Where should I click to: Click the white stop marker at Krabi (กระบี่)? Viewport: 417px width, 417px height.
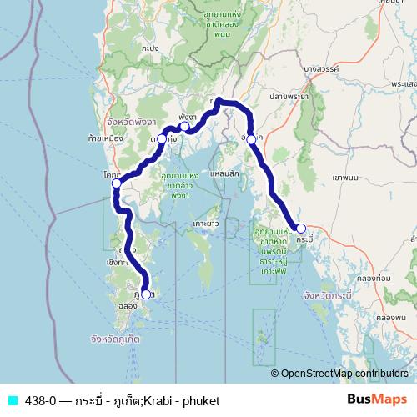pyautogui.click(x=301, y=229)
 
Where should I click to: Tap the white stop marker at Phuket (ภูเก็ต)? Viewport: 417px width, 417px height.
pyautogui.click(x=147, y=294)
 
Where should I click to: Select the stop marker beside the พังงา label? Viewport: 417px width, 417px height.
pyautogui.click(x=185, y=127)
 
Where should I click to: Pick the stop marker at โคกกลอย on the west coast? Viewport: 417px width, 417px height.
pyautogui.click(x=118, y=183)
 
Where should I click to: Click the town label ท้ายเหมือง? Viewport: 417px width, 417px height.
pyautogui.click(x=104, y=138)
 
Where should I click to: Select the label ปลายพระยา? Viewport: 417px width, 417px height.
pyautogui.click(x=289, y=97)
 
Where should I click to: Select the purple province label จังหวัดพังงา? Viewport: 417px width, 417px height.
pyautogui.click(x=122, y=121)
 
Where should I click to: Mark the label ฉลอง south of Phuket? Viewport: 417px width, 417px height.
pyautogui.click(x=128, y=306)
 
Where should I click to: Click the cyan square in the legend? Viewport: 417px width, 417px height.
pyautogui.click(x=12, y=400)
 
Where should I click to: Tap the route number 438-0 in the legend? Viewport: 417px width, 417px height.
pyautogui.click(x=38, y=400)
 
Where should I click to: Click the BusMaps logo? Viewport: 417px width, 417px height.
pyautogui.click(x=376, y=400)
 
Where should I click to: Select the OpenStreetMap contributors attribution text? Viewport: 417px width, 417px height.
pyautogui.click(x=344, y=374)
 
